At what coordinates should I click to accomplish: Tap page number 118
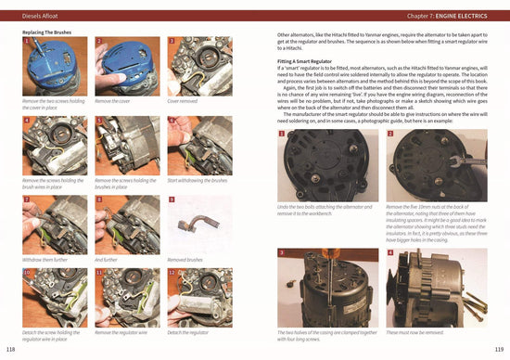coord(11,349)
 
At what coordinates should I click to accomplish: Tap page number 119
coord(498,349)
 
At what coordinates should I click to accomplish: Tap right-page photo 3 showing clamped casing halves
coord(326,287)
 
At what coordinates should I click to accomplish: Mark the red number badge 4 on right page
coord(390,253)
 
